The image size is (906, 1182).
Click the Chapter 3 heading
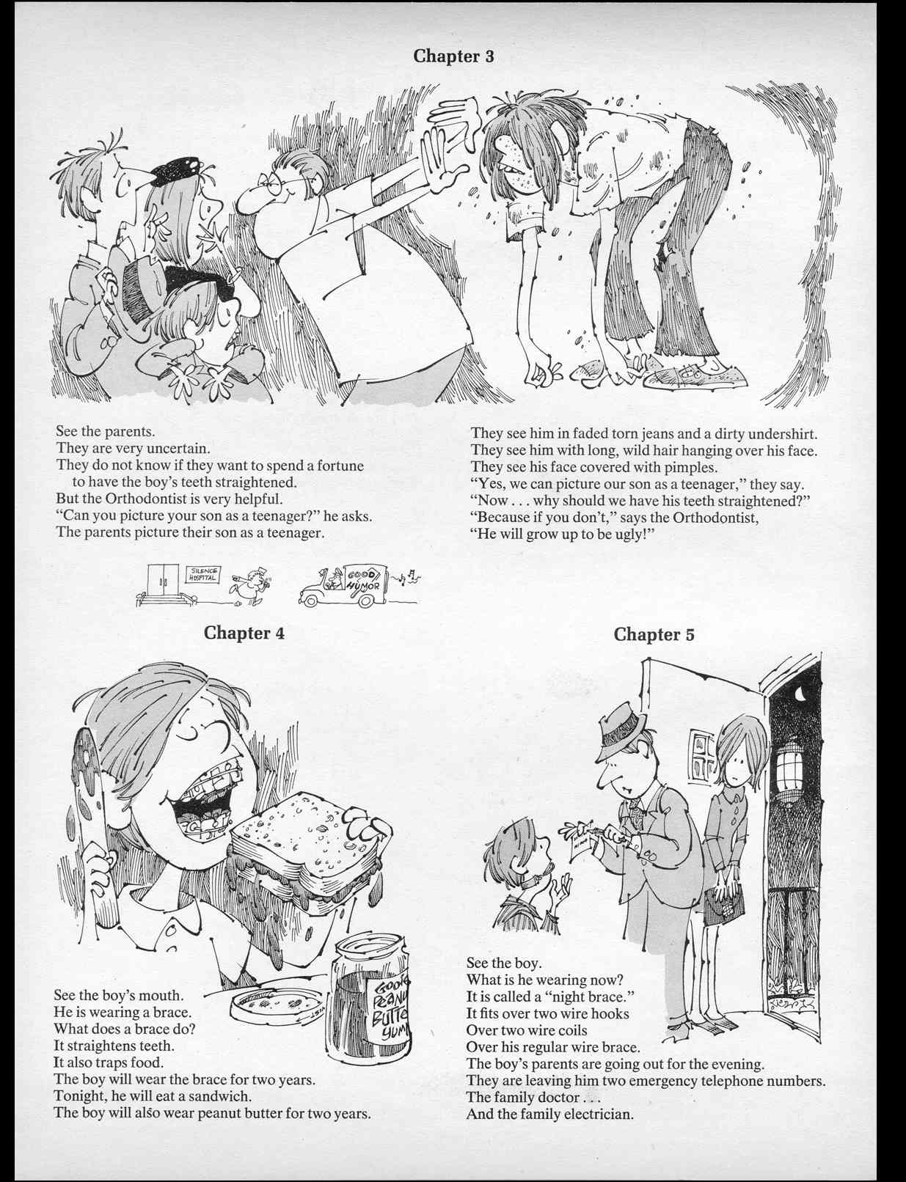pyautogui.click(x=453, y=56)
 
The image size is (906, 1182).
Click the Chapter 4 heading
pyautogui.click(x=244, y=633)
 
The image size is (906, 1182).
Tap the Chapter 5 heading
pyautogui.click(x=653, y=634)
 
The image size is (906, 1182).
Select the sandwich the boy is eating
pyautogui.click(x=308, y=843)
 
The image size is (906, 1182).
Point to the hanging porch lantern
pyautogui.click(x=789, y=770)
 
